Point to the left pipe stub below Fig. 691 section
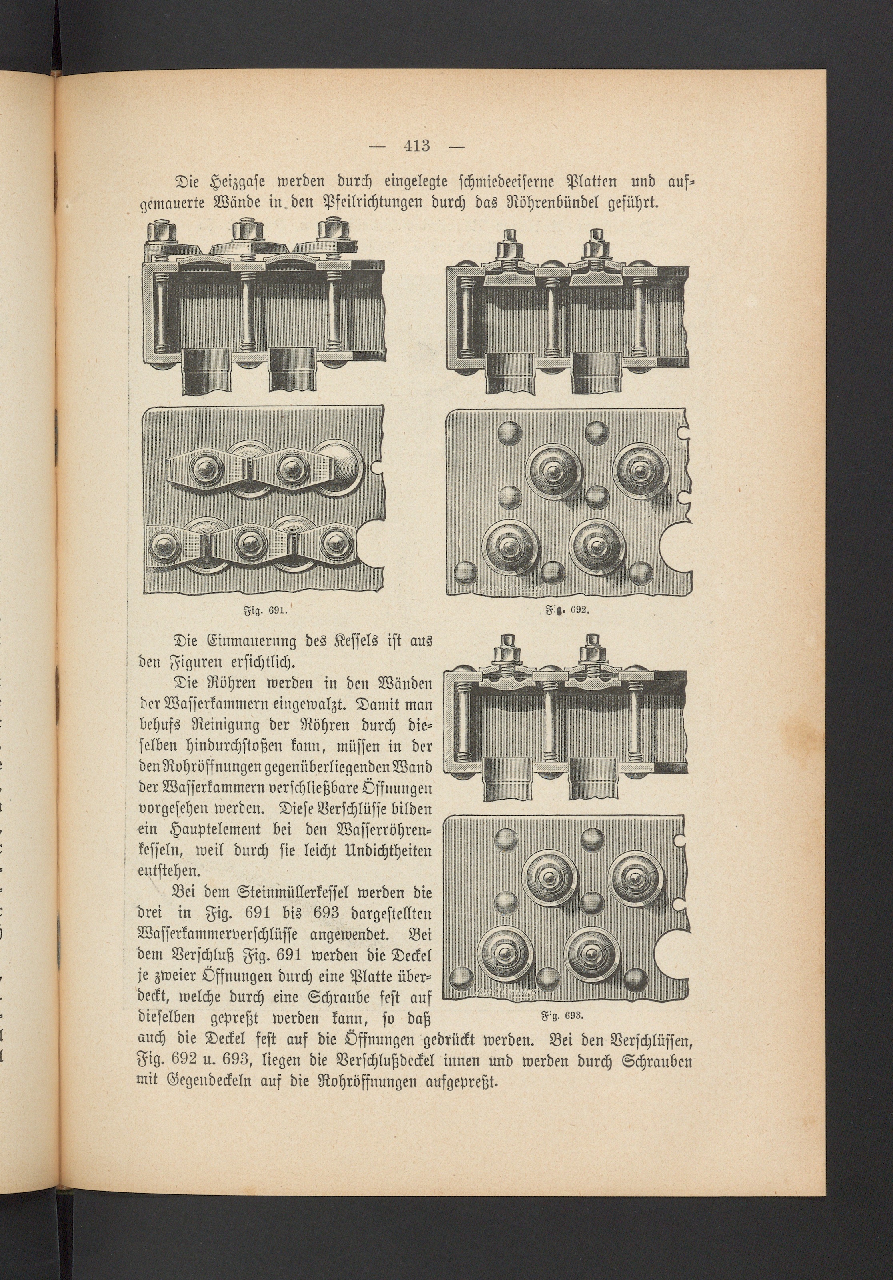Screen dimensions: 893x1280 [x=206, y=371]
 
